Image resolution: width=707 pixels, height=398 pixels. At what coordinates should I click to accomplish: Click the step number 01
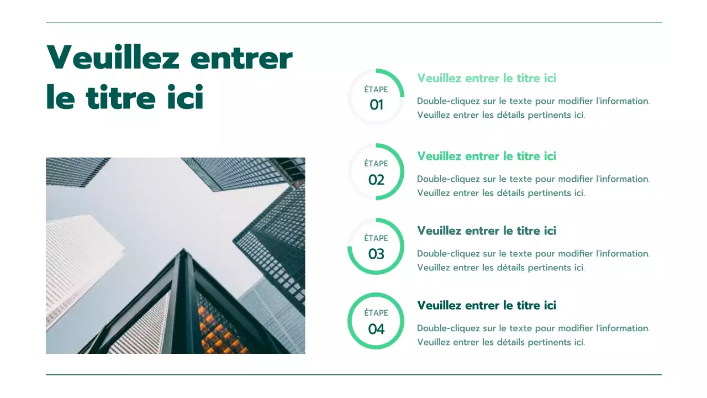point(376,105)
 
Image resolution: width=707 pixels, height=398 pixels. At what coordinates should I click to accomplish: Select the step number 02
point(376,180)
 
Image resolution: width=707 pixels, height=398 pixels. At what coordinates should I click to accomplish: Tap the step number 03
point(376,254)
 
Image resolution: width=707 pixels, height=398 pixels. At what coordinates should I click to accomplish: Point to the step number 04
point(376,329)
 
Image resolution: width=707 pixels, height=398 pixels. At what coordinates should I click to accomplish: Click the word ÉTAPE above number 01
point(376,90)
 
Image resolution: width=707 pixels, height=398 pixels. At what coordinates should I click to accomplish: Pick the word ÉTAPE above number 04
point(376,313)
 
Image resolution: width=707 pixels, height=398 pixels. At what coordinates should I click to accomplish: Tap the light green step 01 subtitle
point(487,78)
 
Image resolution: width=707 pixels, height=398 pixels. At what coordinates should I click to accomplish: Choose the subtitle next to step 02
point(487,156)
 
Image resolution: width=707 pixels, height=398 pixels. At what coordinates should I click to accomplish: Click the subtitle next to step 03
point(487,231)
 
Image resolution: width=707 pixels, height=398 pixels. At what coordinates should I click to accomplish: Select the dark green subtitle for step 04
point(487,305)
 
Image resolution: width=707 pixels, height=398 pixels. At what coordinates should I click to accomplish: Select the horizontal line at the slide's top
point(353,23)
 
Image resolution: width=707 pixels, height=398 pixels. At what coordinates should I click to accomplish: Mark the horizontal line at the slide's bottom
point(353,375)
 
